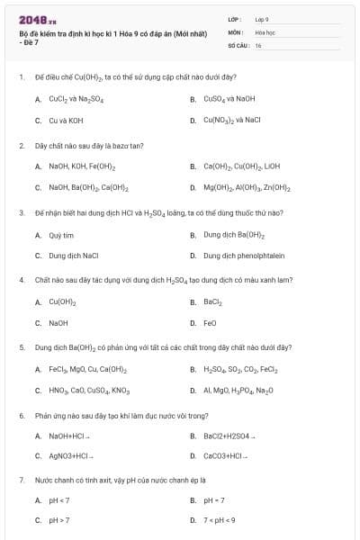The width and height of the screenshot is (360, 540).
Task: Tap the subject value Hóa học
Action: click(x=265, y=31)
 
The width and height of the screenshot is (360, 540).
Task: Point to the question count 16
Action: click(x=258, y=43)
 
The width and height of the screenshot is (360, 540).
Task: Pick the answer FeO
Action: click(x=210, y=322)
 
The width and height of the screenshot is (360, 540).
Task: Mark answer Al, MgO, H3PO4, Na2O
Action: click(x=238, y=391)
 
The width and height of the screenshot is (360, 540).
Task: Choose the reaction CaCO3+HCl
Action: click(x=226, y=456)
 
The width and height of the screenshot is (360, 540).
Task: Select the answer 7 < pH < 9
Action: click(x=219, y=520)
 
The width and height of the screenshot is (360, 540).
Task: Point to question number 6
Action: click(x=21, y=416)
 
